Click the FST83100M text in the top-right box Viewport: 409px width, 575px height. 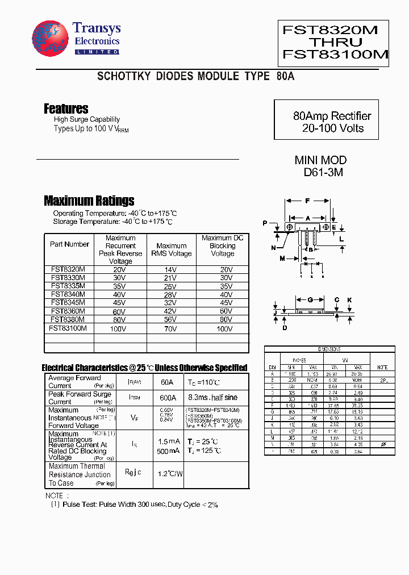tap(335, 55)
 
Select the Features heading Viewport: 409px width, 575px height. tap(66, 109)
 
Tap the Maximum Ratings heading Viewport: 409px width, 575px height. tap(89, 201)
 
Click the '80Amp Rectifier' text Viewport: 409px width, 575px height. tap(332, 116)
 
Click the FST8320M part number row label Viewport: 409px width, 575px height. tap(68, 269)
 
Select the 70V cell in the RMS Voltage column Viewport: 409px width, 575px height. tap(171, 328)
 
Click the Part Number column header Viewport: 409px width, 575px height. tap(69, 244)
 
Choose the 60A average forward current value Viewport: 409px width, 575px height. tap(166, 382)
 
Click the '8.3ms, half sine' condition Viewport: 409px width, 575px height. tap(212, 398)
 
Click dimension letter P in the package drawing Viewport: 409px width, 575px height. tap(265, 224)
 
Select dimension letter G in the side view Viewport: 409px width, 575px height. tap(310, 300)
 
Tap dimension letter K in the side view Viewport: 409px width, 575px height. tap(350, 300)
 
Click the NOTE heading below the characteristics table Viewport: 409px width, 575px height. tap(54, 495)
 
